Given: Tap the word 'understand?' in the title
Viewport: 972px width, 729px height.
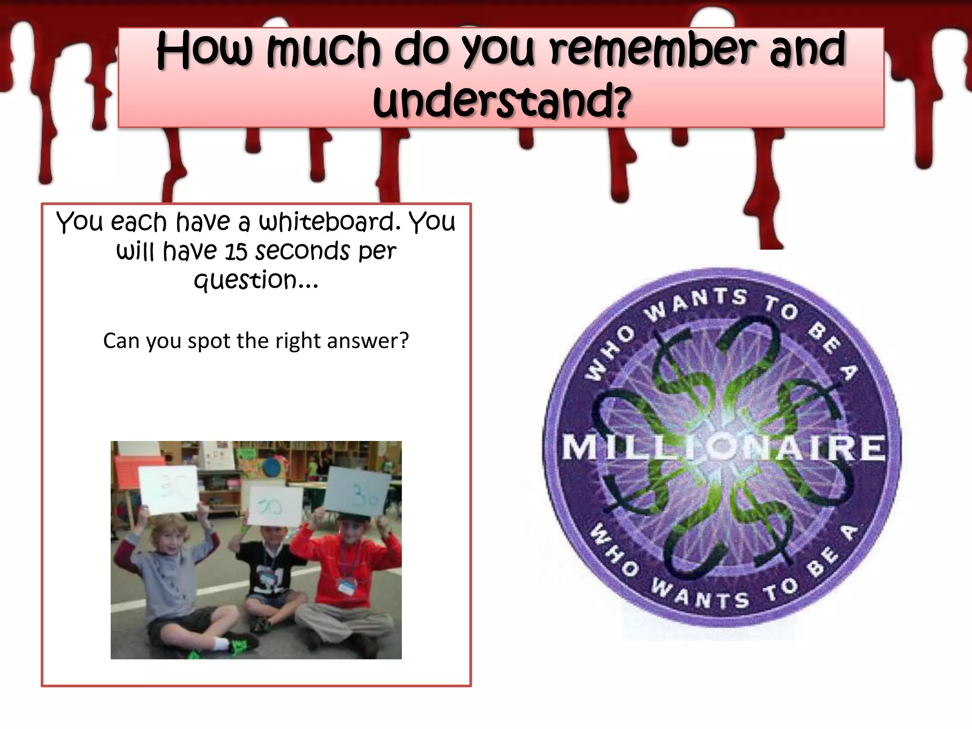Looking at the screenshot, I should point(502,101).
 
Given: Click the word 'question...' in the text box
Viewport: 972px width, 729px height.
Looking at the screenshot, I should point(256,280).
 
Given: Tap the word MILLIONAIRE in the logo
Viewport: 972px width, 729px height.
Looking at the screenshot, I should point(723,447).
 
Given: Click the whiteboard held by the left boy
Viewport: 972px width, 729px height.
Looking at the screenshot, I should point(168,489).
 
